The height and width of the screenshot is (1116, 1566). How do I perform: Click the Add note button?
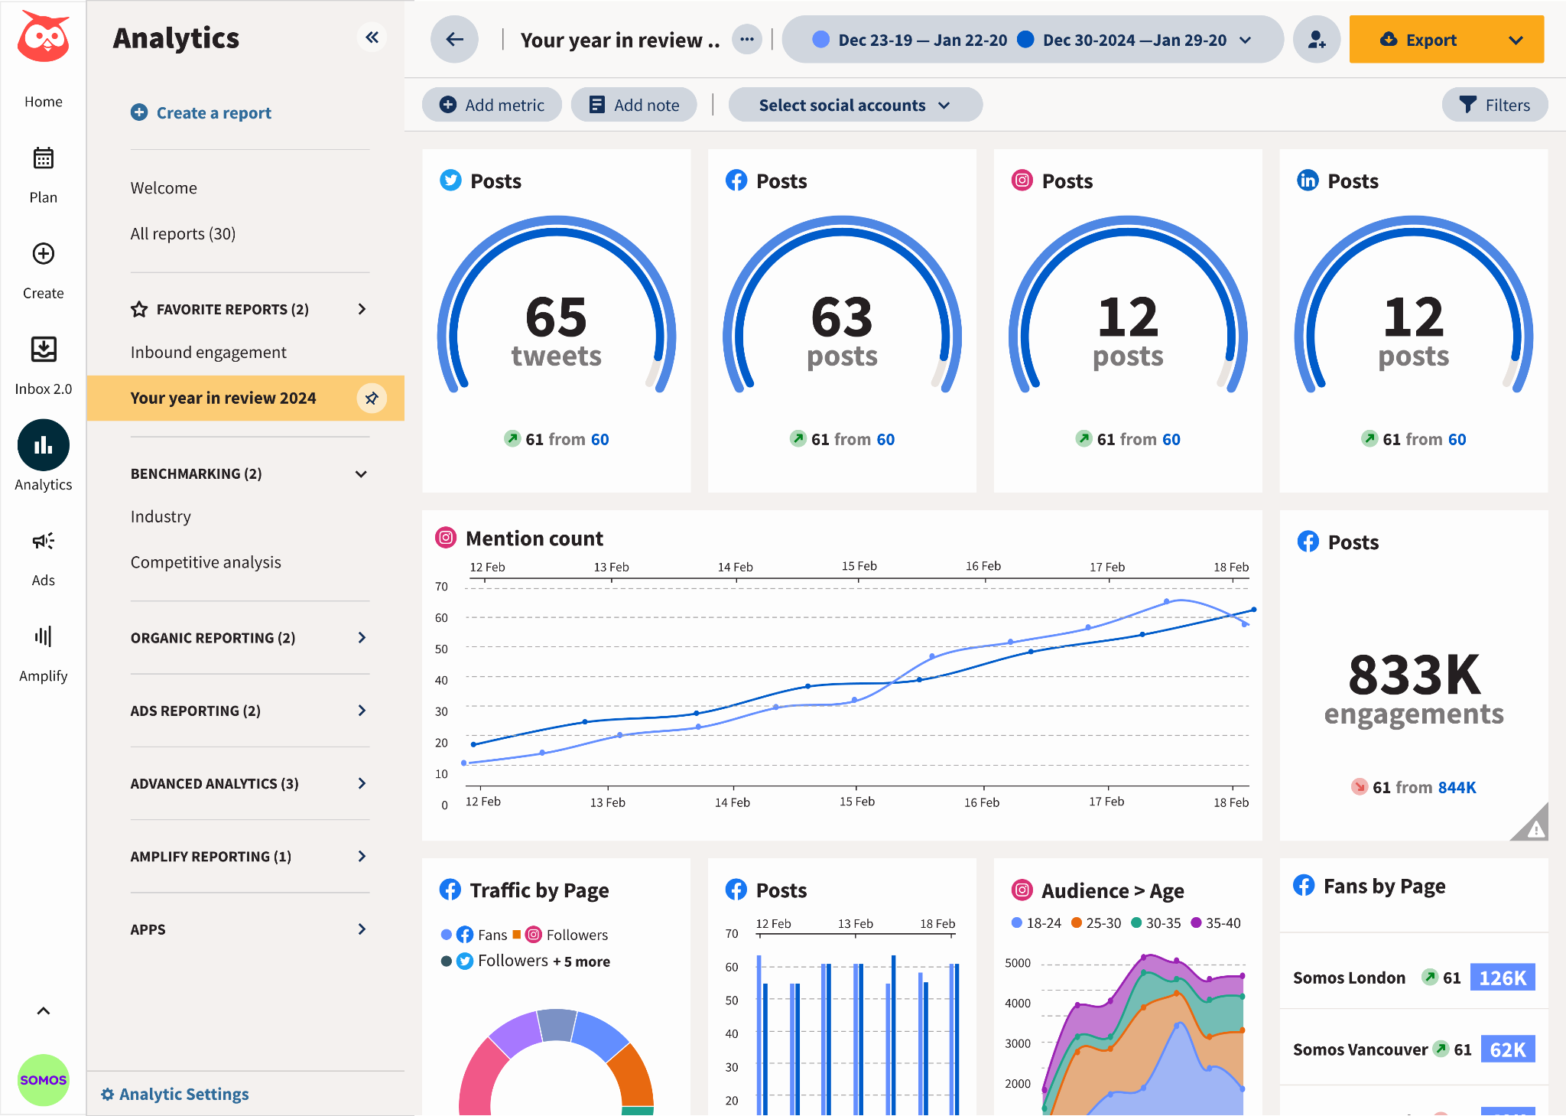[634, 105]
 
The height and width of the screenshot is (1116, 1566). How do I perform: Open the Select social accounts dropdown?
[854, 105]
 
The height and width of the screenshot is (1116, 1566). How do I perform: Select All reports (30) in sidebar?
[183, 234]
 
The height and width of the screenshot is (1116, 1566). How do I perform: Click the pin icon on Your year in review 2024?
[372, 399]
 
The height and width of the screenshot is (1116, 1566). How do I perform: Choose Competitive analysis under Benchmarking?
[206, 562]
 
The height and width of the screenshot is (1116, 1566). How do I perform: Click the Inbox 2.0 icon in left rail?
[44, 350]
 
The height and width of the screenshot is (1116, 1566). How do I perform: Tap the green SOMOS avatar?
[44, 1079]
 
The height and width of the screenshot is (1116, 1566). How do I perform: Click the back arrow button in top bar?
[454, 40]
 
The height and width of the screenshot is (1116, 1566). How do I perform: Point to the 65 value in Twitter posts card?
[556, 317]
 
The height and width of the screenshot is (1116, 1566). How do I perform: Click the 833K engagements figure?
[1414, 675]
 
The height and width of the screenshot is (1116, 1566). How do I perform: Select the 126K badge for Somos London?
[1502, 978]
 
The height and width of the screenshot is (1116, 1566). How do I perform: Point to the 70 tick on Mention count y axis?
[441, 587]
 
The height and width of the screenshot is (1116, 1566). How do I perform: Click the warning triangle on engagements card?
[1534, 828]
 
